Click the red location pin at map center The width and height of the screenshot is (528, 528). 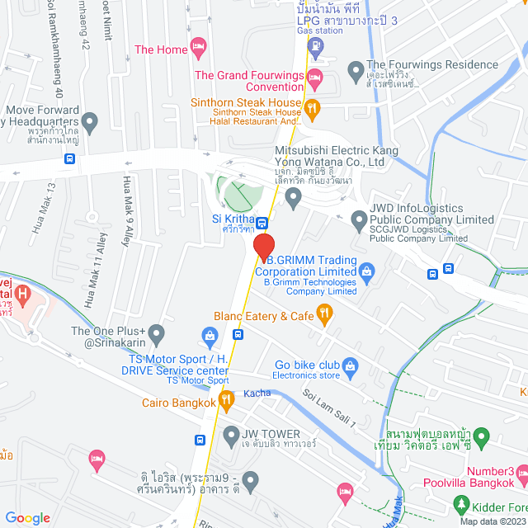263,247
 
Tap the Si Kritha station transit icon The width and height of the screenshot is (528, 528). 262,222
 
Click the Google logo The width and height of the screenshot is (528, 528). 27,517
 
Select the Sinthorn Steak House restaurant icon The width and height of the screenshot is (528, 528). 312,107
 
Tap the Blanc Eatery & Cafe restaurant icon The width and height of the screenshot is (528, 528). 324,313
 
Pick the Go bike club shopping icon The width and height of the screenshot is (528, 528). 350,364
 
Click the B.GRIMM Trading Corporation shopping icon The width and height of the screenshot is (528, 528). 367,269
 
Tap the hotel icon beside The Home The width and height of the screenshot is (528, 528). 197,45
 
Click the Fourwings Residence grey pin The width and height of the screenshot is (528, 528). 356,68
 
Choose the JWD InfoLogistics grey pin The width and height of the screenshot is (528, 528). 359,219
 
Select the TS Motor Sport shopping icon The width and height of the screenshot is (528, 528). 210,336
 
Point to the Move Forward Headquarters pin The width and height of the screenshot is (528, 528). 90,123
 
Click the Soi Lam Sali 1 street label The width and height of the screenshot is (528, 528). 328,408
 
